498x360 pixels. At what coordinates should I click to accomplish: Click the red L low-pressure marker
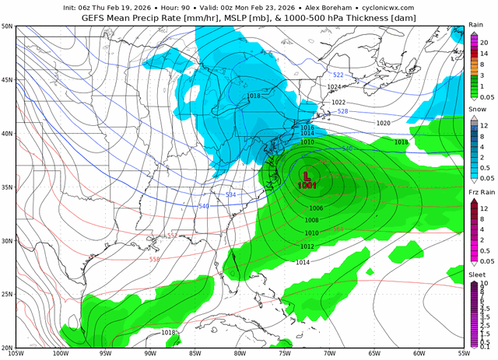[307, 177]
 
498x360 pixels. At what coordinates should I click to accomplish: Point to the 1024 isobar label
[334, 87]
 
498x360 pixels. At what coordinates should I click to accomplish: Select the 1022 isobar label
[338, 103]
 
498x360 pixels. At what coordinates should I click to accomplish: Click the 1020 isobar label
[383, 124]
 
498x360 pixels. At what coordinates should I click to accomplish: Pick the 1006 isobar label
[316, 208]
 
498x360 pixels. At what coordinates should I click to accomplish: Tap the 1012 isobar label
[307, 246]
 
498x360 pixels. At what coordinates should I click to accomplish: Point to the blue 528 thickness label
[343, 112]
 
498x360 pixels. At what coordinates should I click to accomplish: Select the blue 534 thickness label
[230, 194]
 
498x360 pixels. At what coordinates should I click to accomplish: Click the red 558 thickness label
[154, 259]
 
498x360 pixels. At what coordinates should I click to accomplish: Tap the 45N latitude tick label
[7, 79]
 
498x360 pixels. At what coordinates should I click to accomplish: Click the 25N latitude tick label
[7, 295]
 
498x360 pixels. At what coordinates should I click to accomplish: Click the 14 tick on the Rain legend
[484, 52]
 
